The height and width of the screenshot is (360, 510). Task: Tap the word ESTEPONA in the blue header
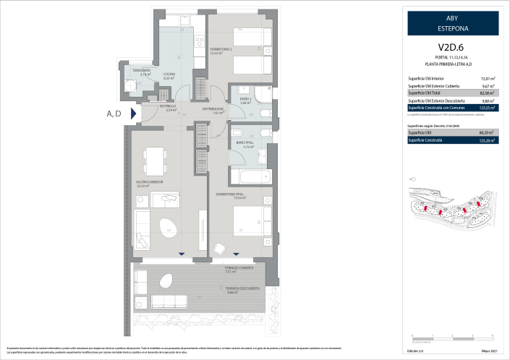452,28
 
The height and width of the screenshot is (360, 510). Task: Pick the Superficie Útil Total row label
427,93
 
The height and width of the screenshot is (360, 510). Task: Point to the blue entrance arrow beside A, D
133,113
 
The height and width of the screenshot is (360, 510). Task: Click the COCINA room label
169,74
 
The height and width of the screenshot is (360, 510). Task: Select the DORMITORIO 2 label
219,50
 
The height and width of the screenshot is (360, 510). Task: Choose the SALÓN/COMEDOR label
149,182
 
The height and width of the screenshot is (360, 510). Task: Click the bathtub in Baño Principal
250,176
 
